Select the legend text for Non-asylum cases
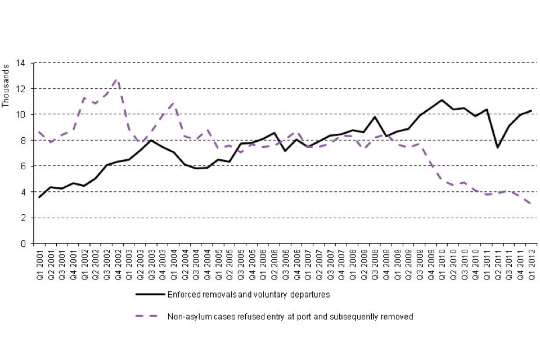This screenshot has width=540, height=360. [290, 317]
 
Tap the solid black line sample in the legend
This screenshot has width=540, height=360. [149, 294]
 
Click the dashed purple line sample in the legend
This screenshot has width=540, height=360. [149, 317]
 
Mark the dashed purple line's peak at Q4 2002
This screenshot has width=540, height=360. [117, 79]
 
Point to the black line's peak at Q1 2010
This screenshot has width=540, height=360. [442, 100]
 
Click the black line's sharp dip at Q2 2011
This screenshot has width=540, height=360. [497, 147]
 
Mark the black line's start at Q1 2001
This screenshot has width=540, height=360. [39, 197]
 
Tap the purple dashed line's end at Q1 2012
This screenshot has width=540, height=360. [531, 204]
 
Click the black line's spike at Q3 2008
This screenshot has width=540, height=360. [375, 117]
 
